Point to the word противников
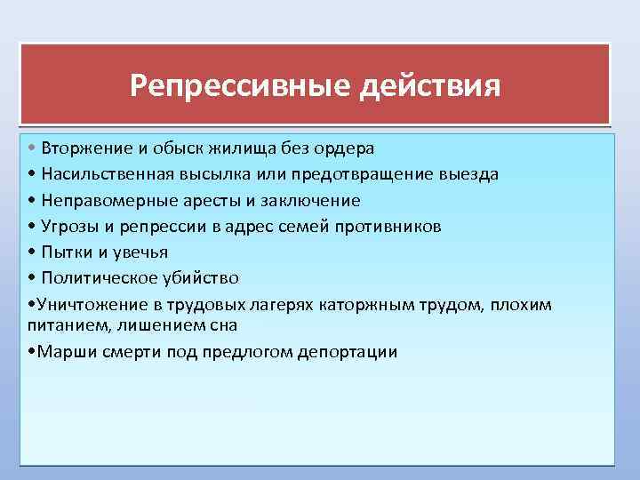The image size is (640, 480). click(x=395, y=226)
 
